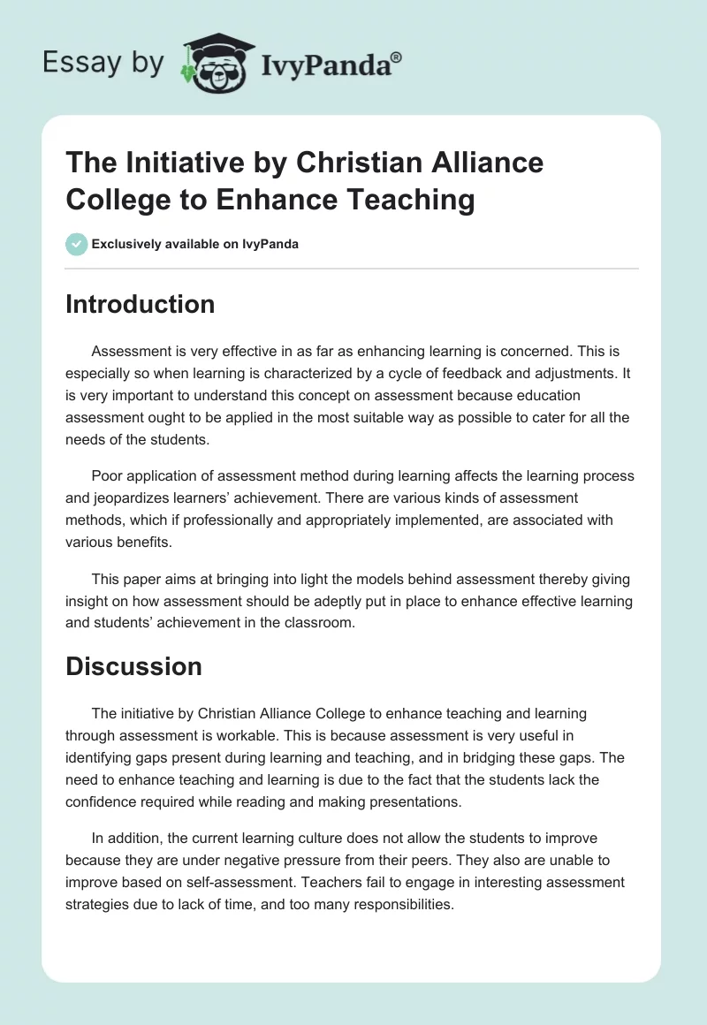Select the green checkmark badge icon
click(x=77, y=244)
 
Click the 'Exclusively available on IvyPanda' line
click(x=194, y=244)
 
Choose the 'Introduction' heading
click(x=141, y=304)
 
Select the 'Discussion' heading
click(x=133, y=666)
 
